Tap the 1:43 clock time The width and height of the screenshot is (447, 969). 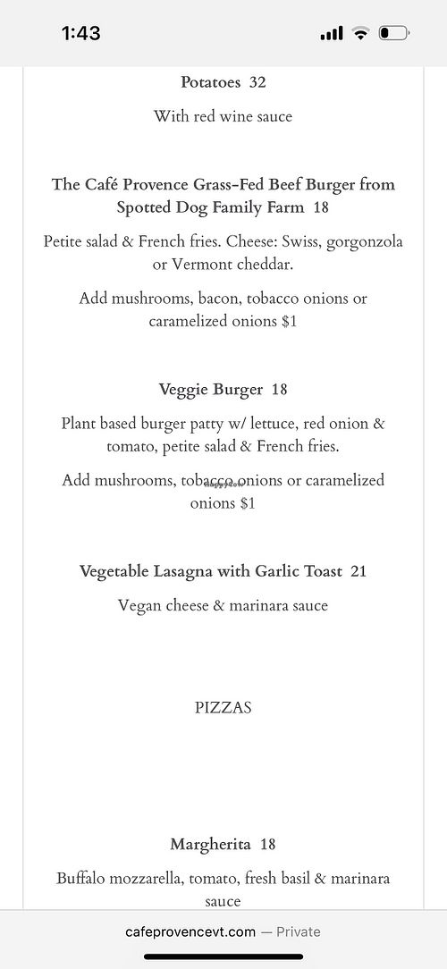(x=80, y=34)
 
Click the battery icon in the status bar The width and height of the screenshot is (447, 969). (x=394, y=34)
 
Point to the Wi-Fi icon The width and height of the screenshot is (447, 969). (x=360, y=34)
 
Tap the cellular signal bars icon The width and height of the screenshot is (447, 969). (x=332, y=34)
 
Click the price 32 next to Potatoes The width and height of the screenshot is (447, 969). (x=257, y=82)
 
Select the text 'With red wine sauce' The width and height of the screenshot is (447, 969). (x=223, y=116)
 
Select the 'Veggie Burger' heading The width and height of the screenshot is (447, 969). (x=210, y=390)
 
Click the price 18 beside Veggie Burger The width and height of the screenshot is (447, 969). (x=279, y=390)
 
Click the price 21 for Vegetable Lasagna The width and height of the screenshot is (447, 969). (x=358, y=571)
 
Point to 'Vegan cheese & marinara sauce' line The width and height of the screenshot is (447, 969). (x=223, y=605)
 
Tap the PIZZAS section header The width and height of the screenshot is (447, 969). (x=223, y=708)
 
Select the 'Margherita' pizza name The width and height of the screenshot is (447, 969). (x=210, y=844)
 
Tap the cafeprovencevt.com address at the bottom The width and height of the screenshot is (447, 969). (x=191, y=931)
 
